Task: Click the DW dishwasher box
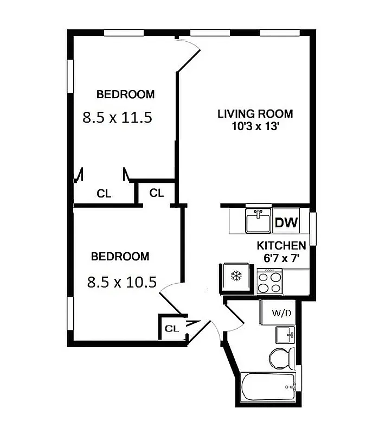click(x=285, y=222)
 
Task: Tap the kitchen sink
click(x=258, y=221)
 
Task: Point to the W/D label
click(x=280, y=312)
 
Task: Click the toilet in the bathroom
click(x=282, y=358)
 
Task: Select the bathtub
click(x=268, y=386)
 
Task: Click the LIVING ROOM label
click(x=255, y=114)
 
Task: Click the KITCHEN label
click(x=281, y=246)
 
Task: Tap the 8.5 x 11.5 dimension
click(x=116, y=117)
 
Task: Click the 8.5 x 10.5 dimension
click(x=121, y=282)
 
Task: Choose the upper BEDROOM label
click(x=125, y=94)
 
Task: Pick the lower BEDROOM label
click(x=119, y=257)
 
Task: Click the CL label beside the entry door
click(x=171, y=328)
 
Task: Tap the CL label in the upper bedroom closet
click(x=104, y=193)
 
